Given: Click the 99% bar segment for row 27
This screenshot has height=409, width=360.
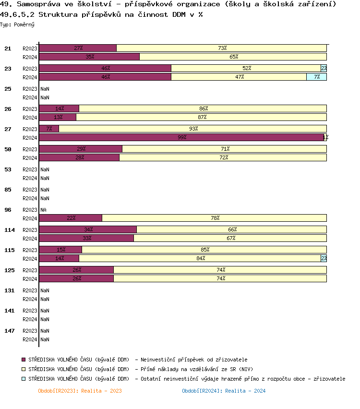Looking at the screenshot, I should click(181, 137).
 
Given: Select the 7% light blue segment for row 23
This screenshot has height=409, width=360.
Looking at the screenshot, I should click(317, 77).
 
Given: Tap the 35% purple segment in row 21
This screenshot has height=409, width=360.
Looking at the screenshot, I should click(89, 57).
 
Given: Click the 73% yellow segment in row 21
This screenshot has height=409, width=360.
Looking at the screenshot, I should click(222, 48).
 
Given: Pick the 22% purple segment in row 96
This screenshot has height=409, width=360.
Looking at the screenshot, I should click(71, 218).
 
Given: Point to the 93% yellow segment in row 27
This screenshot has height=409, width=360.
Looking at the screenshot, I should click(193, 129).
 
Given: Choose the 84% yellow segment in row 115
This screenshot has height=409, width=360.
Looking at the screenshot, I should click(200, 258).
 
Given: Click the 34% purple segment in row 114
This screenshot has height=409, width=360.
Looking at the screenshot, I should click(88, 229).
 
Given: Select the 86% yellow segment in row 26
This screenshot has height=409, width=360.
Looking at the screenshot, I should click(203, 108).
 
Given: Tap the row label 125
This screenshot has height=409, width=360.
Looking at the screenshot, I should click(10, 270).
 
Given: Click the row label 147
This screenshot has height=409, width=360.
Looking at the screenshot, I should click(10, 331).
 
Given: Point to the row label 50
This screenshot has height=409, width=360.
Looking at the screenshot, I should click(8, 149).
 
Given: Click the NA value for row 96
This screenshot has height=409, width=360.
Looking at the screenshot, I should click(43, 210).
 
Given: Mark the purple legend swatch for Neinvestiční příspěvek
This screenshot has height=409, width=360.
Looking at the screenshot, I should click(24, 360).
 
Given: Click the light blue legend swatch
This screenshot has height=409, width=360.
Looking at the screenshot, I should click(24, 379).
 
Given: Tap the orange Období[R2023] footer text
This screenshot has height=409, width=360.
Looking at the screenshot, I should click(80, 391).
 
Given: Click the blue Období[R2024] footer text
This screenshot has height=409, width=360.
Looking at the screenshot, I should click(224, 391).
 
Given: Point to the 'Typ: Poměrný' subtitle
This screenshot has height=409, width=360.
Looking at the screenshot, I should click(17, 24).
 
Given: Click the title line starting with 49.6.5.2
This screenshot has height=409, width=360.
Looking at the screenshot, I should click(101, 14).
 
